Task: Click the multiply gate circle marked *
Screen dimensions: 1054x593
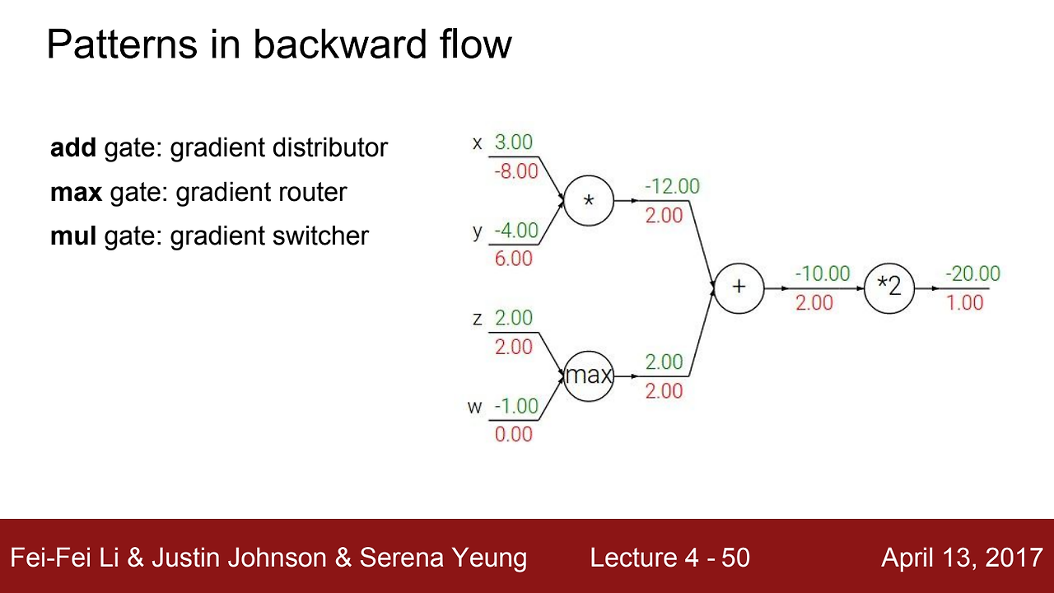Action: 588,200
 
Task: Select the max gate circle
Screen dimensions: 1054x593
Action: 588,376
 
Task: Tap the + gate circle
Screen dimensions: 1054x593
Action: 739,287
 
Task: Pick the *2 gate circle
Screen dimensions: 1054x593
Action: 889,287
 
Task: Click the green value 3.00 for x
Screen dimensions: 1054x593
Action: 513,142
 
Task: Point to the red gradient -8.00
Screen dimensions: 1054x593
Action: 515,171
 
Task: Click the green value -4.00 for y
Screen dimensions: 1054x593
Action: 515,230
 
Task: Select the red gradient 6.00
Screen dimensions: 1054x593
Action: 513,259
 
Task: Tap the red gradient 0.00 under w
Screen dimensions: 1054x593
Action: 513,434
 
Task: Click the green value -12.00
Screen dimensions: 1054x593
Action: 672,186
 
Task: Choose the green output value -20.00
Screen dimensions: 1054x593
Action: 972,273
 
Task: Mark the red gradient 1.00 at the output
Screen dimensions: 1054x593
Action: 965,302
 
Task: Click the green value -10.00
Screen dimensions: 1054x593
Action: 822,273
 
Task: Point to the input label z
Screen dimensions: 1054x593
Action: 478,319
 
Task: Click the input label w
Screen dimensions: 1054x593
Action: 475,407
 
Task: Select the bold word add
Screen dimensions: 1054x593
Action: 73,148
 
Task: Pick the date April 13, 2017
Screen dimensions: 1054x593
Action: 962,558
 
